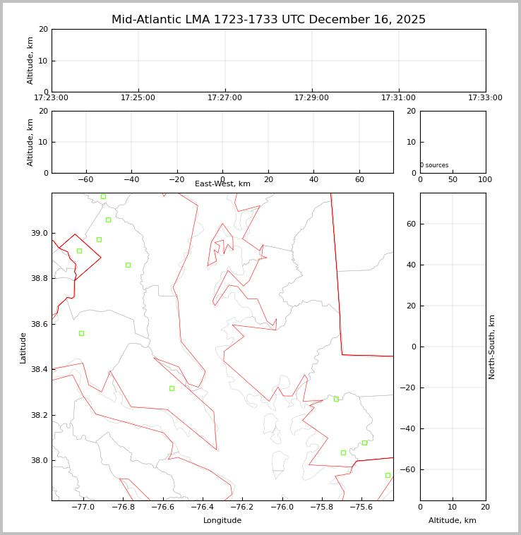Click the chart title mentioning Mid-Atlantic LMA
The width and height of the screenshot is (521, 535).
tap(268, 20)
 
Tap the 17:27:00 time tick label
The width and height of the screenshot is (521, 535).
tap(224, 98)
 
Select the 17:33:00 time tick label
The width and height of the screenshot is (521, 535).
tap(485, 98)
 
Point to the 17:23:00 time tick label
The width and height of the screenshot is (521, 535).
tap(51, 98)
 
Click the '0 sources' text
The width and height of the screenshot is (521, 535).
tap(434, 166)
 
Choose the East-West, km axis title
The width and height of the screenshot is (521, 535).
tap(222, 184)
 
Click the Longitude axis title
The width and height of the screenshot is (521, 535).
tap(222, 521)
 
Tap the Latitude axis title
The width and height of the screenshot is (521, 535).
tap(23, 347)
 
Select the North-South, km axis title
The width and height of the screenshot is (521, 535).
tap(493, 347)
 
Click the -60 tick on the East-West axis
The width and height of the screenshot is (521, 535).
tap(85, 180)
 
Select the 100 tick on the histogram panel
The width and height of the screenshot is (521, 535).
tap(485, 180)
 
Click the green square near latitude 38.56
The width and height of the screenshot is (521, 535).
tap(81, 333)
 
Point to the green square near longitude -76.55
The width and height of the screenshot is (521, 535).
tap(172, 388)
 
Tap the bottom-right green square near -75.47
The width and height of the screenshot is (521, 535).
tap(388, 475)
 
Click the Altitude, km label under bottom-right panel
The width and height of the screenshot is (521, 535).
tap(453, 521)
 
